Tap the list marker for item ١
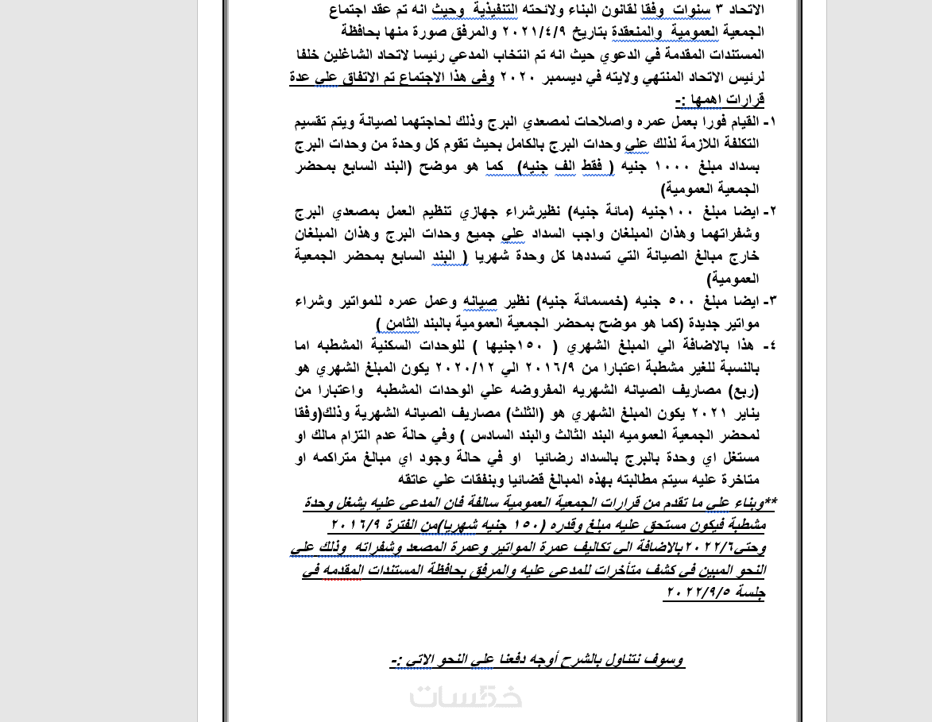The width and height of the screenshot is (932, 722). (769, 122)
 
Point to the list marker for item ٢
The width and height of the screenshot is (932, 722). (769, 211)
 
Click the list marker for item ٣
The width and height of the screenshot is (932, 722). (769, 301)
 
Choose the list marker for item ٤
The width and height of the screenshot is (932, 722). (769, 346)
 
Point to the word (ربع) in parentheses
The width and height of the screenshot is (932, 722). (743, 390)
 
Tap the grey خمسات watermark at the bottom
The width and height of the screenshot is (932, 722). (466, 696)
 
